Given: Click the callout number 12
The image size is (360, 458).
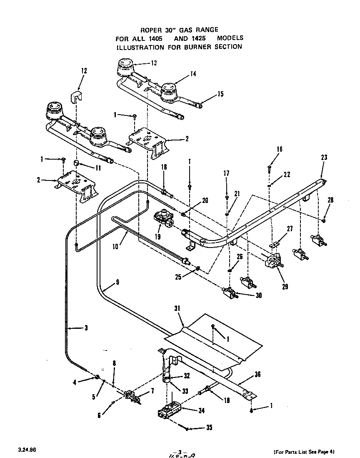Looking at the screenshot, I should pyautogui.click(x=84, y=71).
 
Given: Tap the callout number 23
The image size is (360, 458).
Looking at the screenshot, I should pyautogui.click(x=324, y=158).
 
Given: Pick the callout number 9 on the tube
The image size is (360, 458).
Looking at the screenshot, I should pyautogui.click(x=117, y=282).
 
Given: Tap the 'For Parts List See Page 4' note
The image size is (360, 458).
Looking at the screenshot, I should pyautogui.click(x=304, y=451).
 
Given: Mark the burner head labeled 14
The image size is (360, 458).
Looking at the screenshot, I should pyautogui.click(x=169, y=91).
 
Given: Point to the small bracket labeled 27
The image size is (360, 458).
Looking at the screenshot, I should pyautogui.click(x=274, y=245).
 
